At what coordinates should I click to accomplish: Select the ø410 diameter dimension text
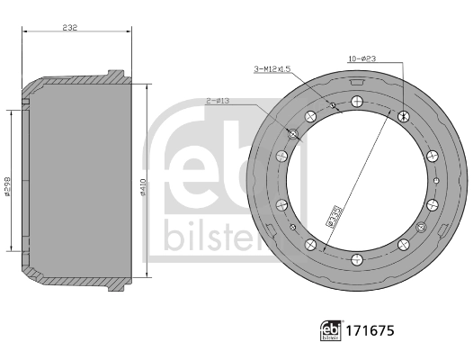click(144, 187)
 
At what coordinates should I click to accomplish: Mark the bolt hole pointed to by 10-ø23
click(402, 115)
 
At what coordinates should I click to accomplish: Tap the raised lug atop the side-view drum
click(112, 73)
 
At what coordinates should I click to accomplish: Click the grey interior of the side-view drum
click(81, 180)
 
